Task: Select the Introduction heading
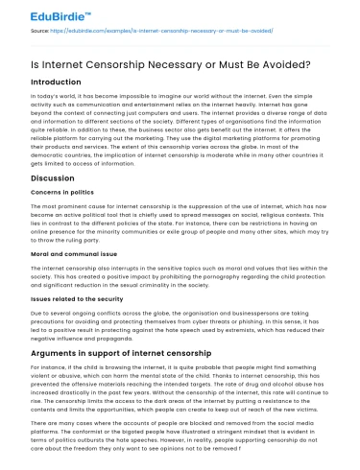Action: click(61, 82)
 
